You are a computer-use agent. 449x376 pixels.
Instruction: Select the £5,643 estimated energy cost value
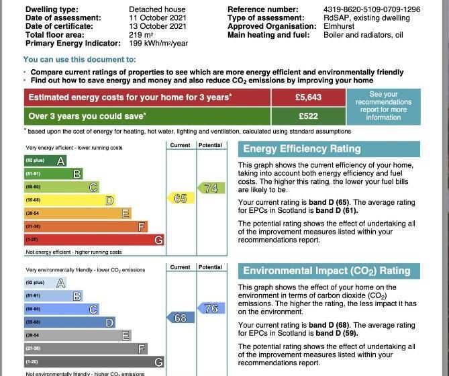pyautogui.click(x=309, y=97)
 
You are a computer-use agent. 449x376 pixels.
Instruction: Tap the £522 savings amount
pyautogui.click(x=309, y=115)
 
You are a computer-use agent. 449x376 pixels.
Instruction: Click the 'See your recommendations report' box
pyautogui.click(x=383, y=106)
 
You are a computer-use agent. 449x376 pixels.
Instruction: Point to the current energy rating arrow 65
pyautogui.click(x=180, y=198)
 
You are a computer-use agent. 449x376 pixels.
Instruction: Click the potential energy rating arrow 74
pyautogui.click(x=210, y=189)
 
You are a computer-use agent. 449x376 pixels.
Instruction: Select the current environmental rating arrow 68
pyautogui.click(x=180, y=318)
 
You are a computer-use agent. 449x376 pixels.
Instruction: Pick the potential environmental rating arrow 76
pyautogui.click(x=210, y=309)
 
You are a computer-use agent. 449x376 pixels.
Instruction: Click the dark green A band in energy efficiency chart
pyautogui.click(x=45, y=160)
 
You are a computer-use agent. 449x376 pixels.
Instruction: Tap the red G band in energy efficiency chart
pyautogui.click(x=94, y=240)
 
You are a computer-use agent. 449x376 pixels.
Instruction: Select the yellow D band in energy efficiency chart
pyautogui.click(x=69, y=200)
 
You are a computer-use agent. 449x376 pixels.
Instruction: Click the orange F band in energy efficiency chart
pyautogui.click(x=85, y=227)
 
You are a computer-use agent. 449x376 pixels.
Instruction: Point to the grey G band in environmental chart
pyautogui.click(x=94, y=363)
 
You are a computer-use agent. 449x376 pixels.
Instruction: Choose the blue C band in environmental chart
pyautogui.click(x=61, y=309)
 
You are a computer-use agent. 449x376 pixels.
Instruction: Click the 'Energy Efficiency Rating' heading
pyautogui.click(x=301, y=149)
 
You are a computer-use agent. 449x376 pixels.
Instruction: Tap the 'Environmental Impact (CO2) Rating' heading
pyautogui.click(x=326, y=271)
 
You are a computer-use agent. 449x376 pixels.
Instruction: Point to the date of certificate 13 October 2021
pyautogui.click(x=158, y=26)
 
